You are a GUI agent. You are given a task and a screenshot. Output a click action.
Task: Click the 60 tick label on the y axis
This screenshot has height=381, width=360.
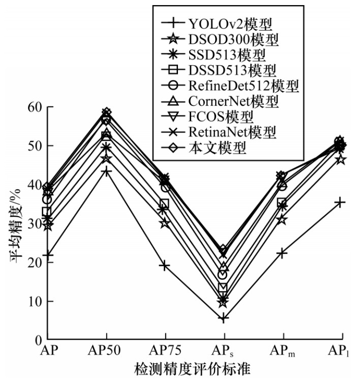tap(33, 107)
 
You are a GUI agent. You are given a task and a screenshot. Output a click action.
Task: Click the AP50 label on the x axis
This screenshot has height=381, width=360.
tap(106, 351)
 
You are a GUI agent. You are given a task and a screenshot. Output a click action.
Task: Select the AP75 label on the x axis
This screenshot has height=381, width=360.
tap(165, 351)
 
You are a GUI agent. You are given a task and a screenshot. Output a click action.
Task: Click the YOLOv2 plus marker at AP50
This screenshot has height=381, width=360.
tap(106, 171)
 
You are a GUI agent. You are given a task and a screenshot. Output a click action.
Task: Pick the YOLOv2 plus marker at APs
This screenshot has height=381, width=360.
tap(223, 318)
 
